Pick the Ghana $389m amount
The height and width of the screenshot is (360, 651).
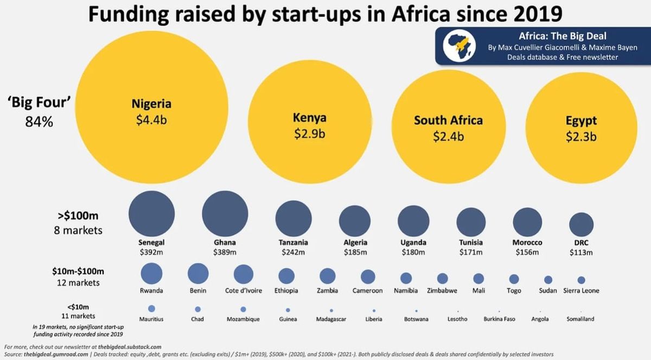pyautogui.click(x=225, y=252)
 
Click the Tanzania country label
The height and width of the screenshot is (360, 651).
pyautogui.click(x=292, y=242)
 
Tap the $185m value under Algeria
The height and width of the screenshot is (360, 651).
pyautogui.click(x=355, y=252)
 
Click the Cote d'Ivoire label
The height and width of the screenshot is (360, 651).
pyautogui.click(x=244, y=291)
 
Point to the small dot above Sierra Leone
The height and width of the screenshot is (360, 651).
pyautogui.click(x=581, y=280)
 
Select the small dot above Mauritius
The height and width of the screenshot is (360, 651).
pyautogui.click(x=151, y=308)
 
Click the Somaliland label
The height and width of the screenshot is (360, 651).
pyautogui.click(x=580, y=319)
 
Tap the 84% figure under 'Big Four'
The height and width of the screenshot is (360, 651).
pyautogui.click(x=39, y=122)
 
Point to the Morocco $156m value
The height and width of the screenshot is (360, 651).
pyautogui.click(x=527, y=252)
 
